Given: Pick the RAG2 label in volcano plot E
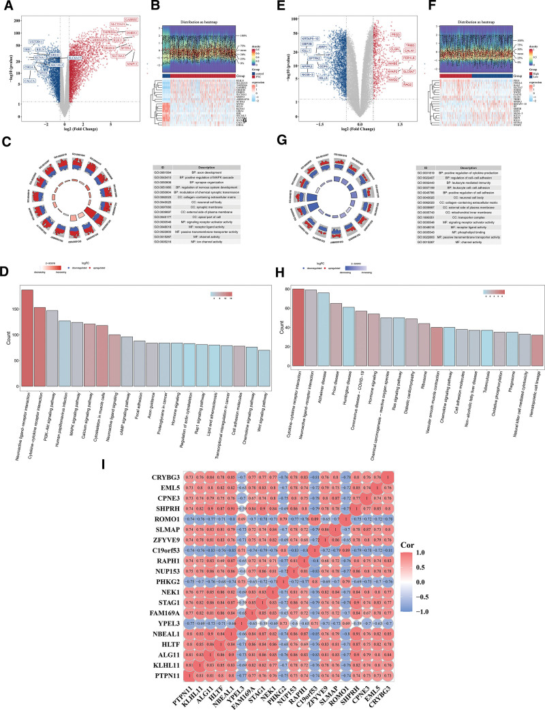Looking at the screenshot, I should pos(407,84).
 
